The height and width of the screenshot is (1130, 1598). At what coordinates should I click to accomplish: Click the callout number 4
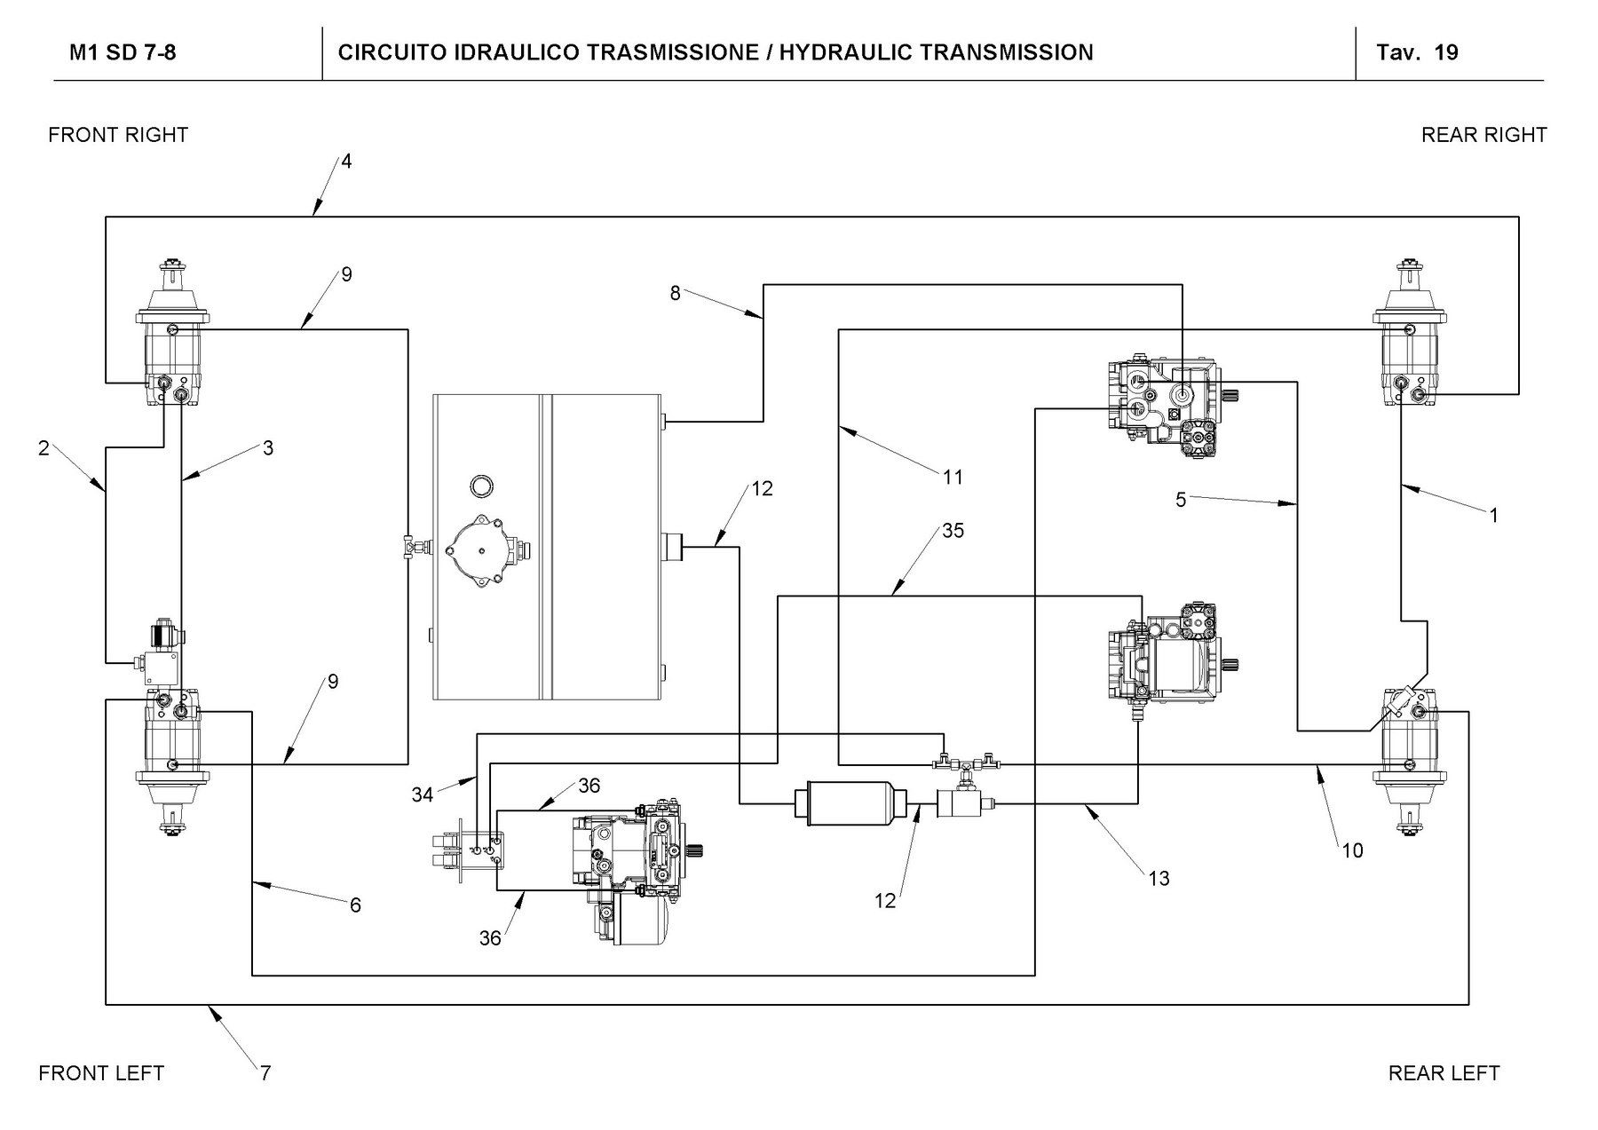point(346,162)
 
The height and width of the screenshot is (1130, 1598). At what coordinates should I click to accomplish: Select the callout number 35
point(953,531)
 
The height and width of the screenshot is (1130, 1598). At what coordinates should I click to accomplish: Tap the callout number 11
point(953,478)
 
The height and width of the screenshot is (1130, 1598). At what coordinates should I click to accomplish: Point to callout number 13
point(1159,879)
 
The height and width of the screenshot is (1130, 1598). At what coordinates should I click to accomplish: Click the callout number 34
point(422,794)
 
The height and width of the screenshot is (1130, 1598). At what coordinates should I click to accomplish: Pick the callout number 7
point(265,1073)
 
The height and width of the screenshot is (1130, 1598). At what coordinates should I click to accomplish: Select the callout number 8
point(675,293)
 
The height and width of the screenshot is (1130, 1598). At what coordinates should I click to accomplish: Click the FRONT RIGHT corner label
point(118,135)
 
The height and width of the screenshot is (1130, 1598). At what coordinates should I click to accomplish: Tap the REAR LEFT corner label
point(1444,1073)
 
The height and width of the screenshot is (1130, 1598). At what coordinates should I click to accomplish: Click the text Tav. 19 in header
point(1417,52)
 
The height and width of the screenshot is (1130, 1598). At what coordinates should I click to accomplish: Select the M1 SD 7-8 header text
point(123,52)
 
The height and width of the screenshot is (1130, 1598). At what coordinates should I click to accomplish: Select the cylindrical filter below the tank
point(851,803)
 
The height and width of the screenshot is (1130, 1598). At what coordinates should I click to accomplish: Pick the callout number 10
point(1352,851)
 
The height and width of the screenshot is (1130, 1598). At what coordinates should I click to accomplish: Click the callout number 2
point(44,448)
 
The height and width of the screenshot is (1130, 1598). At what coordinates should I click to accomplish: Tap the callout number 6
point(355,905)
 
